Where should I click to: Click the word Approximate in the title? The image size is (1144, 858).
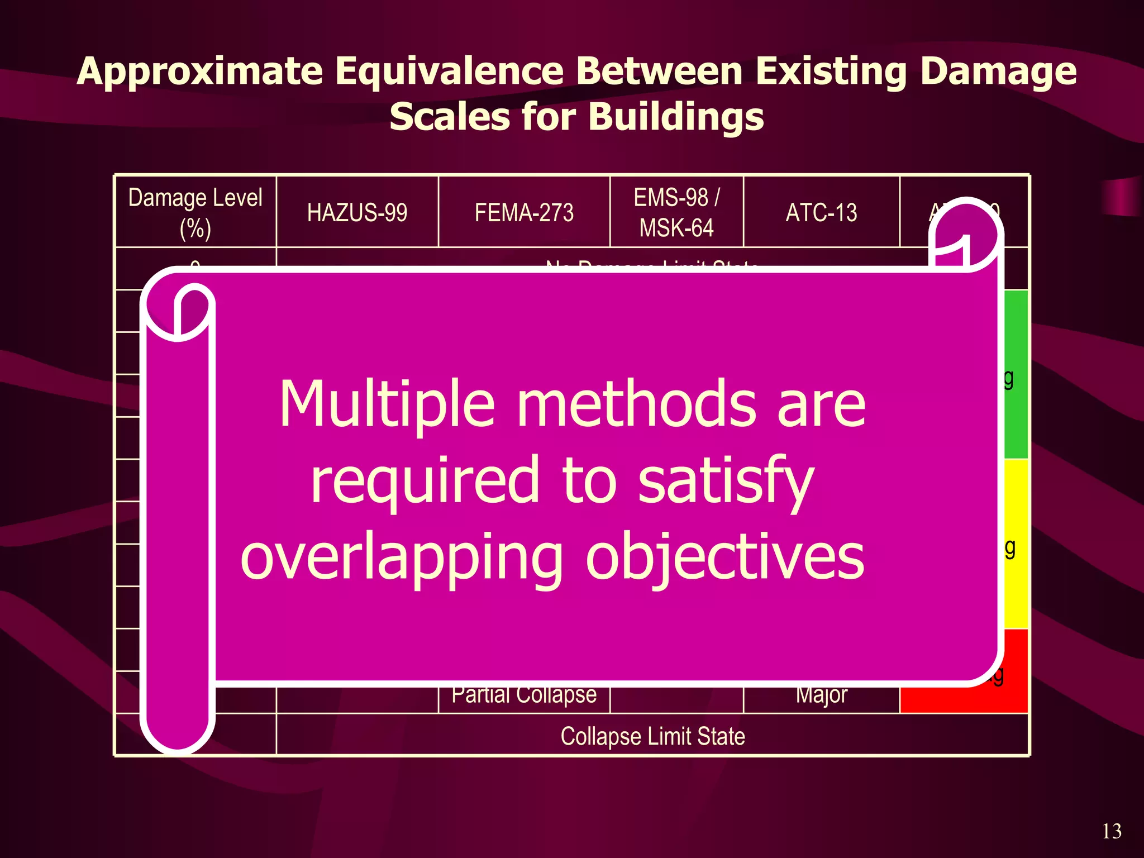[x=200, y=71]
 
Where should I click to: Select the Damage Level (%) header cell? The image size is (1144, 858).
[x=195, y=213]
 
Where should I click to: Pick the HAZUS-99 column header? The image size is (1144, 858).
[x=357, y=213]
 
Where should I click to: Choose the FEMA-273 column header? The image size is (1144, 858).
[x=524, y=213]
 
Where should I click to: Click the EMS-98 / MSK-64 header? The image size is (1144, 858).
[x=676, y=213]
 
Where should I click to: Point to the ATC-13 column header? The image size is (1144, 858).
[x=821, y=213]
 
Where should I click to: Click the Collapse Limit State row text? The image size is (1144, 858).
[x=652, y=736]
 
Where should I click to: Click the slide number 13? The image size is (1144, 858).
[x=1111, y=831]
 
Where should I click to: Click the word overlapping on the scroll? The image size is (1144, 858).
[x=401, y=557]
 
